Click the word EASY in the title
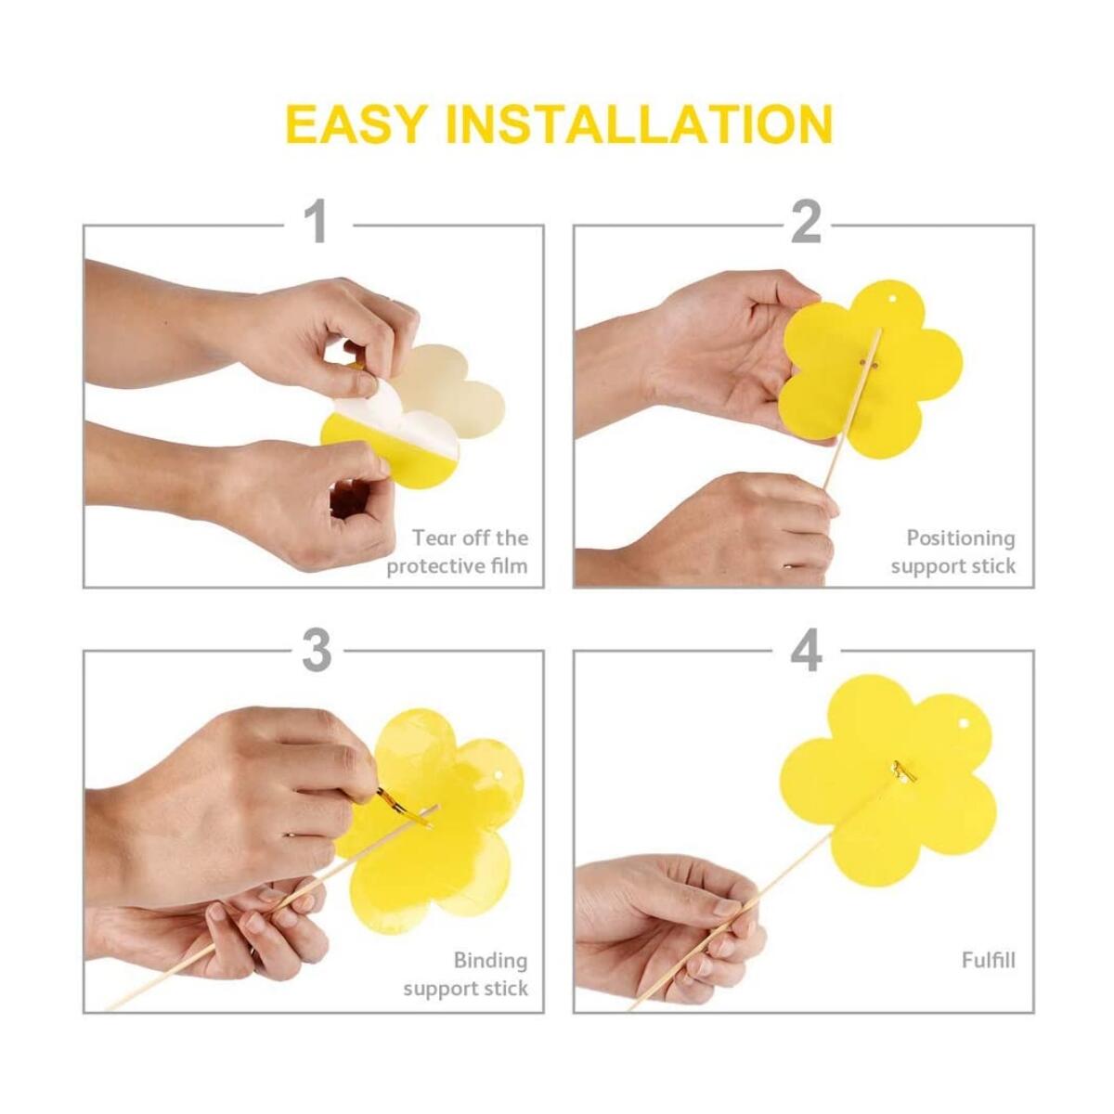(x=356, y=124)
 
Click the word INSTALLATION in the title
(x=637, y=124)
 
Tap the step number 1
(x=317, y=223)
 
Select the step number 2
(x=805, y=223)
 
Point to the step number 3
(x=317, y=650)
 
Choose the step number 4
(x=806, y=650)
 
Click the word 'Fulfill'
(x=988, y=960)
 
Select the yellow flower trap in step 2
(x=873, y=371)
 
